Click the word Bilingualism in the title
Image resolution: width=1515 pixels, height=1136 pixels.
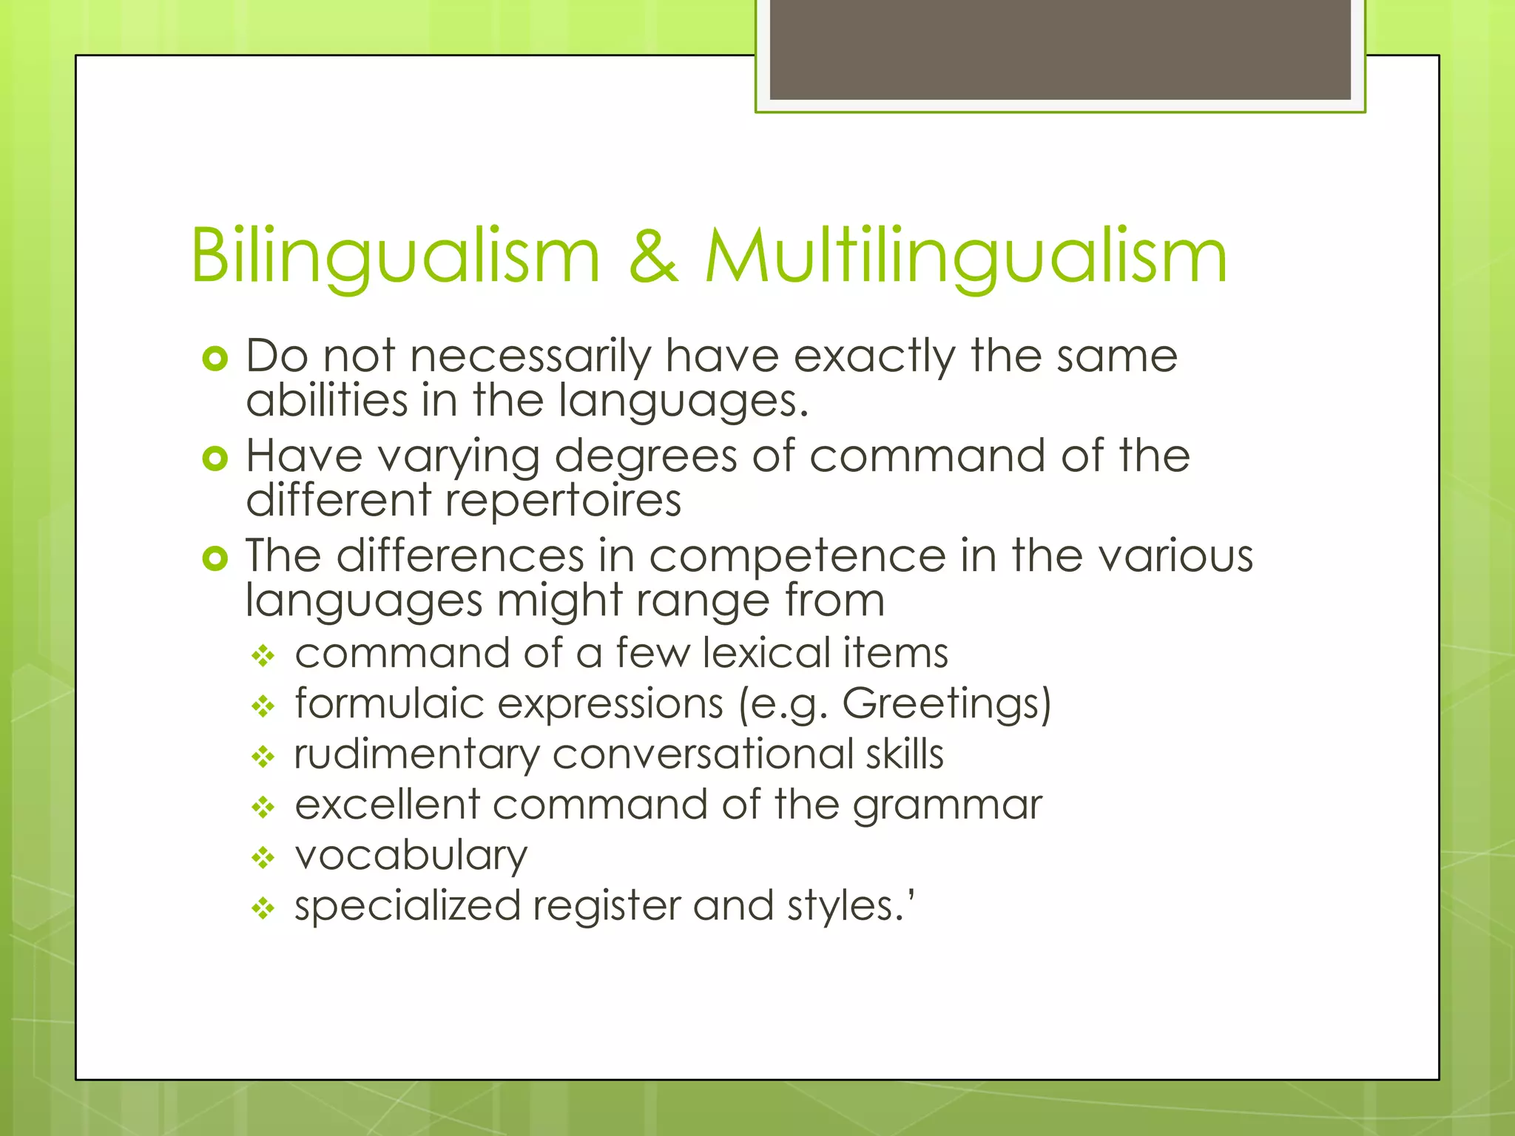pyautogui.click(x=395, y=257)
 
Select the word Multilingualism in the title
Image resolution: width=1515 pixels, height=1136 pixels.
pyautogui.click(x=966, y=257)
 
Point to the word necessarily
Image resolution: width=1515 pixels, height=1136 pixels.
pyautogui.click(x=530, y=356)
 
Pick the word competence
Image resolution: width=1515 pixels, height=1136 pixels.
pyautogui.click(x=797, y=555)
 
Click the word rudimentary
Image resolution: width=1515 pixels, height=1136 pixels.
pyautogui.click(x=416, y=754)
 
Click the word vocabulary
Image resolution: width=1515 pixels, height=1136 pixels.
pyautogui.click(x=411, y=856)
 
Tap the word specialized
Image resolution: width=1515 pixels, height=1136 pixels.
pyautogui.click(x=408, y=907)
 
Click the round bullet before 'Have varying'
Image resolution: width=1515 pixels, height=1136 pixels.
pyautogui.click(x=215, y=459)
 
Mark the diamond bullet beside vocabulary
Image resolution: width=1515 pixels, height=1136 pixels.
pyautogui.click(x=263, y=858)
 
